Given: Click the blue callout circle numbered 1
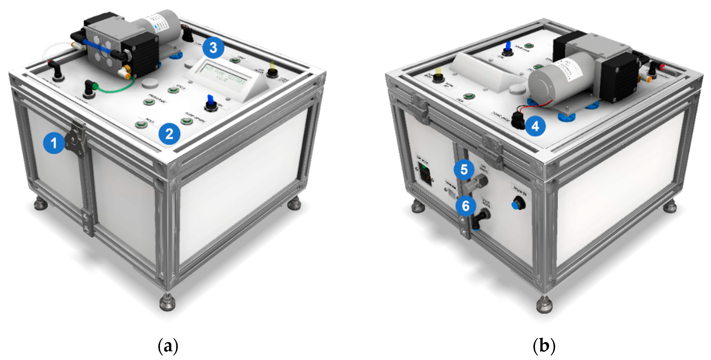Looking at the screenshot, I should pyautogui.click(x=54, y=143).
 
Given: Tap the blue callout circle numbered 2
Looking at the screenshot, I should pyautogui.click(x=169, y=134).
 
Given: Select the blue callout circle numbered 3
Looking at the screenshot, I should pyautogui.click(x=213, y=48).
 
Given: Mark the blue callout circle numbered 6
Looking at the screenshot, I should pyautogui.click(x=466, y=206).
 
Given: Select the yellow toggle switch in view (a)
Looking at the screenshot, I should pyautogui.click(x=272, y=70).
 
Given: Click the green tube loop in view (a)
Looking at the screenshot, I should pyautogui.click(x=119, y=88).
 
